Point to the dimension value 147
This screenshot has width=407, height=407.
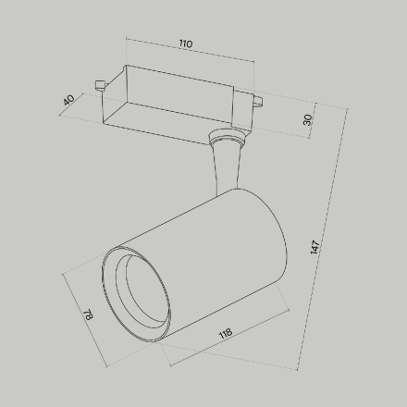pos(315,247)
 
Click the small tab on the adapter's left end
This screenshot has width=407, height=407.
pos(97,87)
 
